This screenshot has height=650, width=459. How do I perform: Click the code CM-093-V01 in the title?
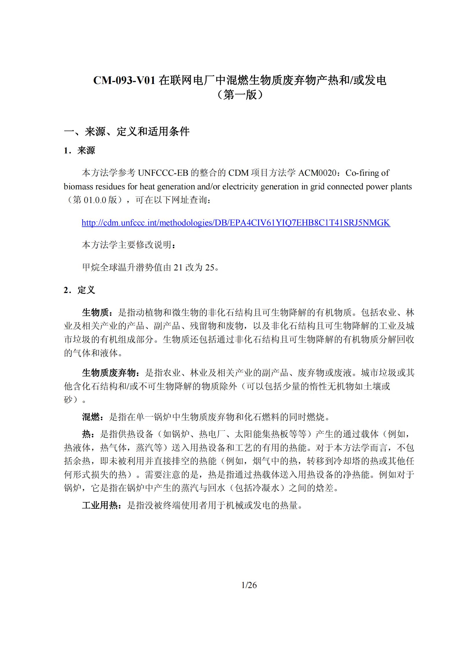[125, 80]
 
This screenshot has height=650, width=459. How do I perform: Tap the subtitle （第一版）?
[240, 95]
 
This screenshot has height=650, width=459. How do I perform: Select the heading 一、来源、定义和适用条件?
[126, 132]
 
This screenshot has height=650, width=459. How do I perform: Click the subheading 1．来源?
[79, 151]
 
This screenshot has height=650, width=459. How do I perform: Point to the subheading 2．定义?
[79, 290]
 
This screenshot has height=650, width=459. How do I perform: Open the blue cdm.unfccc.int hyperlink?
[236, 223]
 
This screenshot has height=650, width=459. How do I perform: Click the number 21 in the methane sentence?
[178, 267]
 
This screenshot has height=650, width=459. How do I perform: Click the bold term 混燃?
[91, 417]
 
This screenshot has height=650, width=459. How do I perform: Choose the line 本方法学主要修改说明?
[129, 245]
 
